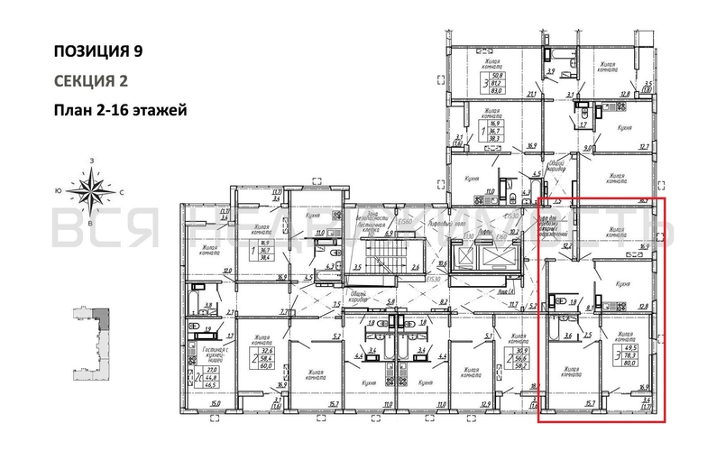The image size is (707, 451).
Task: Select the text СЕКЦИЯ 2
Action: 91,81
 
